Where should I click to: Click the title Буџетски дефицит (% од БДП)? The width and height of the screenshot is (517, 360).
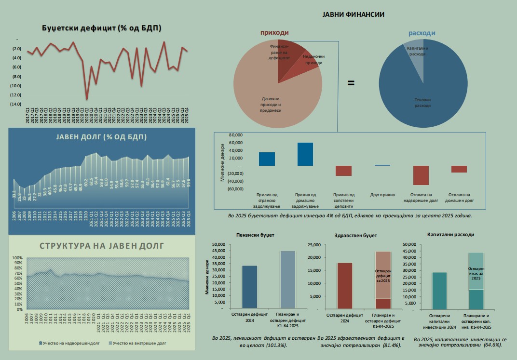[x=101, y=28]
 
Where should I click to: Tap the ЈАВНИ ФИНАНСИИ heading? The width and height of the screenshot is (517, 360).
[x=353, y=14]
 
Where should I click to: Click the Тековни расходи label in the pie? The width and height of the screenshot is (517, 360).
[x=422, y=102]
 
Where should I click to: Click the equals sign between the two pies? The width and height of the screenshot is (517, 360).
[x=351, y=83]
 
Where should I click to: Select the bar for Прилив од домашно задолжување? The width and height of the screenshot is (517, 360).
[x=305, y=154]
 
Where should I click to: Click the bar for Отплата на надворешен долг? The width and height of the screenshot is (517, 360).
[x=421, y=175]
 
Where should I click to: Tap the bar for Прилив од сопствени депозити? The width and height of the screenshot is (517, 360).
[x=344, y=171]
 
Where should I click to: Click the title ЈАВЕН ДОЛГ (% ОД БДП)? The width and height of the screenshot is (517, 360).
[x=101, y=137]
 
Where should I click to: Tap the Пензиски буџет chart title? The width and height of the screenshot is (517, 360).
[x=253, y=235]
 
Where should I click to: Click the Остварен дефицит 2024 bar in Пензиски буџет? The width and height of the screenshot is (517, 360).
[x=249, y=287]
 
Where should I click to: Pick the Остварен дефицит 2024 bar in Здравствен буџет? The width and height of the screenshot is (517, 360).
[x=344, y=285]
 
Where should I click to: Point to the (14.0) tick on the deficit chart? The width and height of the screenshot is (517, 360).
[x=15, y=104]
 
